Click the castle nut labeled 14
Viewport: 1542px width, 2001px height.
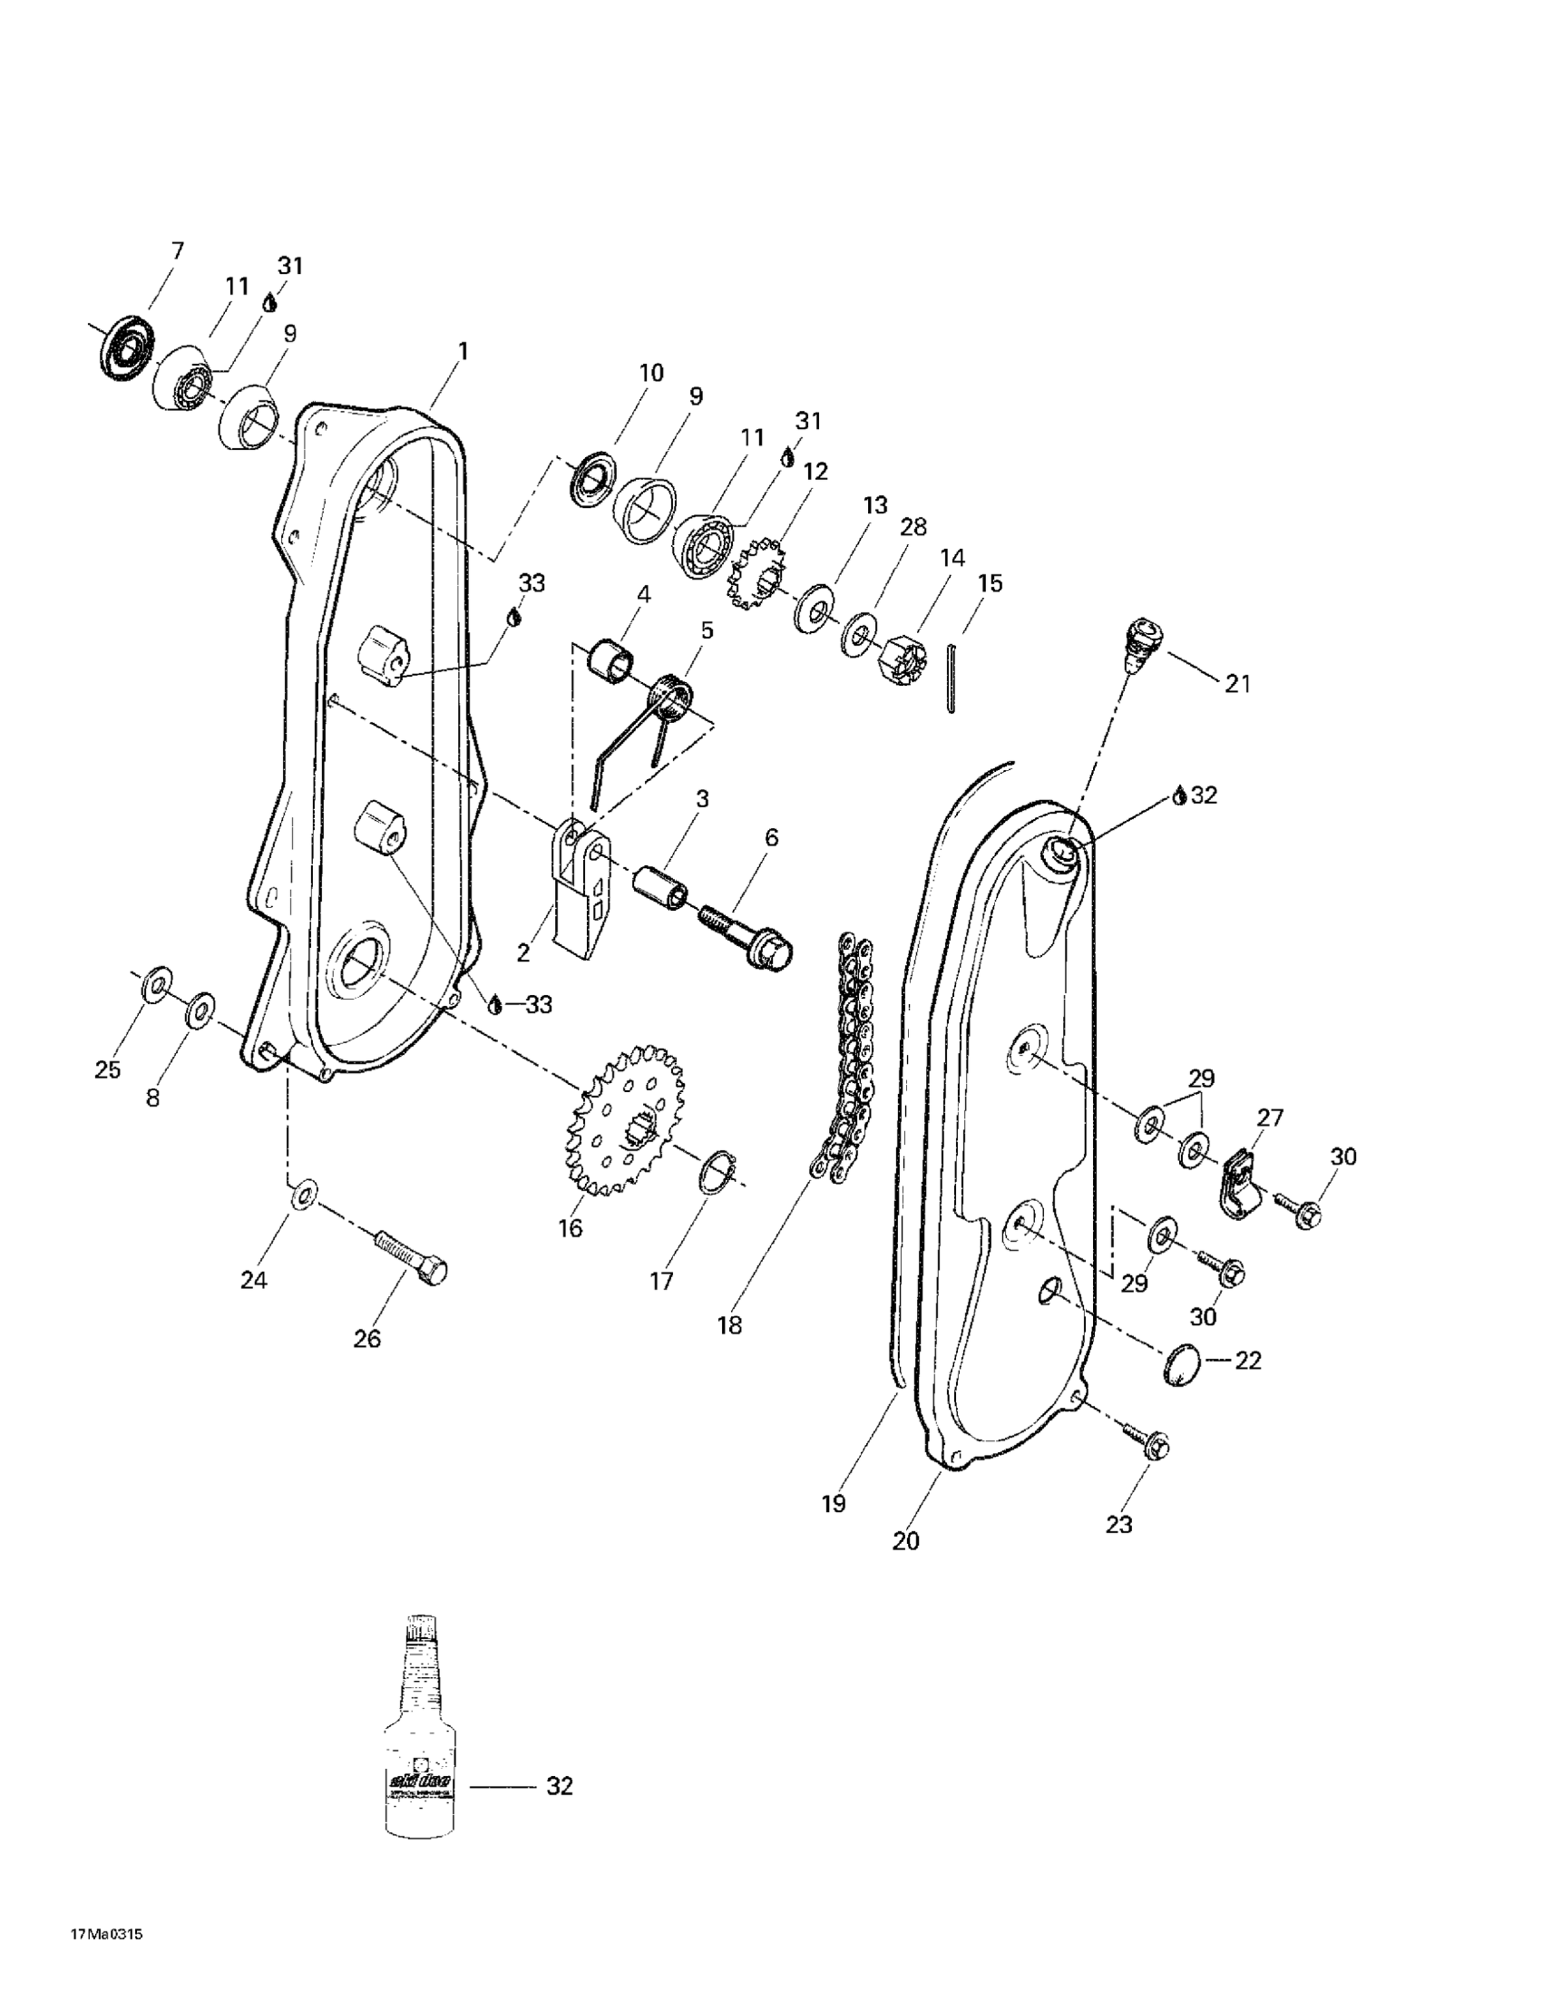(x=903, y=663)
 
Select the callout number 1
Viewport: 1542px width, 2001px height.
(x=464, y=351)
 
